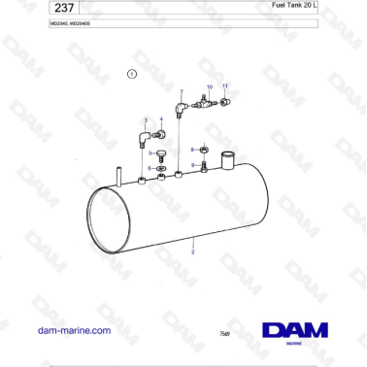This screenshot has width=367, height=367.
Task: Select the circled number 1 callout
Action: point(132,74)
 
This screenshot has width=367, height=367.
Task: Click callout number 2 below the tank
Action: point(193,251)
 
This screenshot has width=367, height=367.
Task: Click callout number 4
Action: point(161,118)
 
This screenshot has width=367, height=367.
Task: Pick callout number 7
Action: point(181,91)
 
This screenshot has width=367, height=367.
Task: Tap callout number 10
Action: point(208,86)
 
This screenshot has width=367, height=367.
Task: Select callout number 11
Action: point(225,86)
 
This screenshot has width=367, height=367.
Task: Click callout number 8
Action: point(192,149)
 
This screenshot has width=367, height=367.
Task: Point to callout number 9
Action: point(192,165)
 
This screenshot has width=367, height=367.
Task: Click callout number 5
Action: point(150,152)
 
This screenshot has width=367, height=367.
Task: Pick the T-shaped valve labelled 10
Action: point(205,103)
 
